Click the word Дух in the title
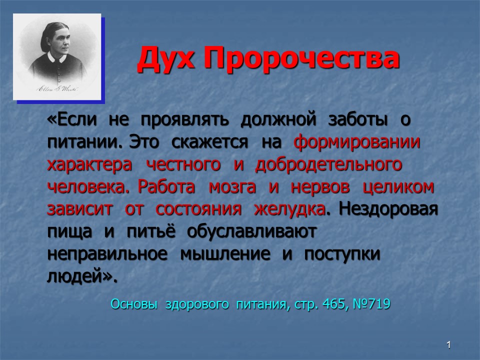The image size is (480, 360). (x=165, y=58)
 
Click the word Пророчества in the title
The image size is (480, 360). (x=301, y=58)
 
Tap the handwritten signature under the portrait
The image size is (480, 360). (x=57, y=89)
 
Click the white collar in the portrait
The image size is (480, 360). (x=57, y=57)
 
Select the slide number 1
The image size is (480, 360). (x=448, y=345)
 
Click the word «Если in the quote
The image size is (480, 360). (x=72, y=119)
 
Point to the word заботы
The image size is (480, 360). (x=357, y=119)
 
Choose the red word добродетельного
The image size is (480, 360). (x=328, y=164)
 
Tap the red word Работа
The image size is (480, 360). (x=166, y=186)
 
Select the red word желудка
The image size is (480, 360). (x=289, y=209)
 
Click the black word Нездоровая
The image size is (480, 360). (x=388, y=209)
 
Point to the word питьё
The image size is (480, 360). (x=151, y=231)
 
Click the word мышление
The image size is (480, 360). (x=225, y=254)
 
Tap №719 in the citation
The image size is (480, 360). (x=371, y=304)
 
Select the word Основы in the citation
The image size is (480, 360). (x=134, y=304)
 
